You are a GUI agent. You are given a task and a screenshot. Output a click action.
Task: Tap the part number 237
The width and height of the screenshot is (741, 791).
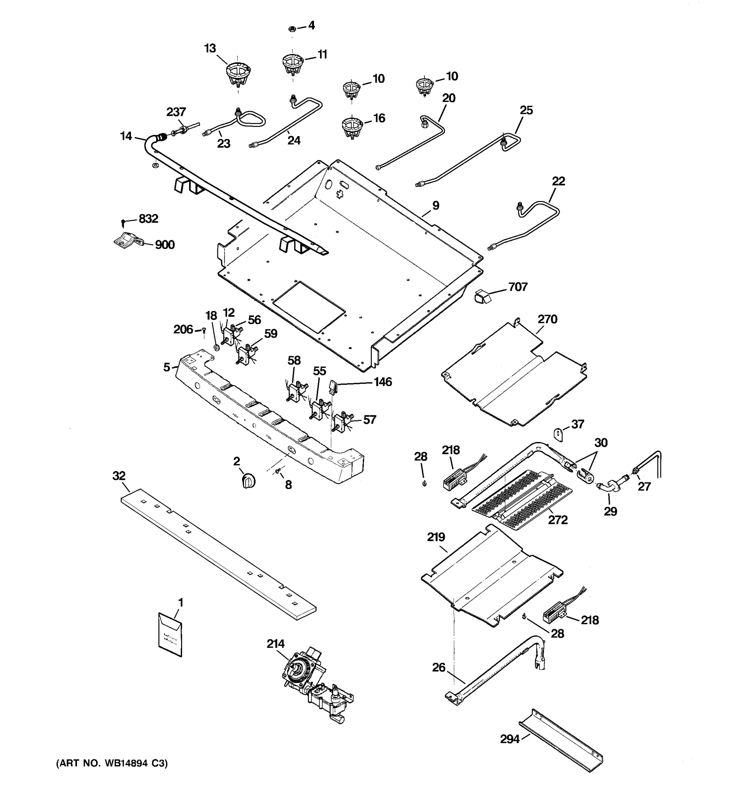coord(176,112)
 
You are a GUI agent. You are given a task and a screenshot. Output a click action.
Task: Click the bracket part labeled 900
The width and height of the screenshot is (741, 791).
coord(127,240)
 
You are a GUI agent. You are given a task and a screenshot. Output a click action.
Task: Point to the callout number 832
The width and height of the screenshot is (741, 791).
coord(148,219)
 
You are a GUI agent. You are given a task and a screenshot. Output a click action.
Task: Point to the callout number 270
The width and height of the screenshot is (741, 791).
coord(547,319)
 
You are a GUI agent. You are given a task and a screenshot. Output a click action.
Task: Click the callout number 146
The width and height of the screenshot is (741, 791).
coord(383,382)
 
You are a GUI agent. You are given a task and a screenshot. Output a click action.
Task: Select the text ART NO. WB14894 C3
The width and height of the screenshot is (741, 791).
coord(112,763)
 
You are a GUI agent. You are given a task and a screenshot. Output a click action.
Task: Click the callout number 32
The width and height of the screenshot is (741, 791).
coord(119,476)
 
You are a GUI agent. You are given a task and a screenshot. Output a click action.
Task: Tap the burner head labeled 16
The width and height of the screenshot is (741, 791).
coord(352,127)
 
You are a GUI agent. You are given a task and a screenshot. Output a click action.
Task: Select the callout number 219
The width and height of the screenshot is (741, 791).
coord(436,537)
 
